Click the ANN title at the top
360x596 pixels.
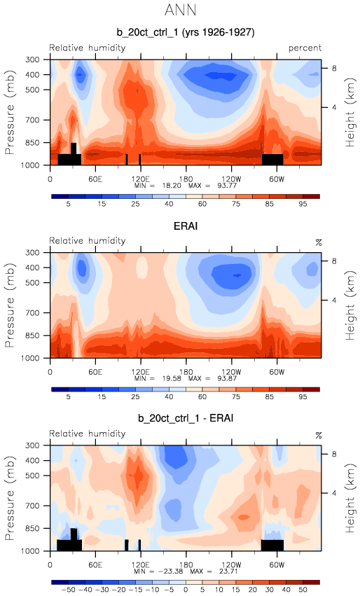click(x=181, y=10)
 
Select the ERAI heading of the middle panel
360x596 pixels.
click(x=186, y=226)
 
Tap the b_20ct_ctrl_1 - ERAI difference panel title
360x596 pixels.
click(x=186, y=418)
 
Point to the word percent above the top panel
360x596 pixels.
click(x=305, y=48)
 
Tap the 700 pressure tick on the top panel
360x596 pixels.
click(x=32, y=120)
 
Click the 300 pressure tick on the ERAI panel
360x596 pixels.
click(x=32, y=252)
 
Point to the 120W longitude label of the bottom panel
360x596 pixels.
click(x=231, y=564)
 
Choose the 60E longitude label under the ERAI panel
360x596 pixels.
click(x=95, y=372)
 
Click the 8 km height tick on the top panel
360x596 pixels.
click(x=334, y=69)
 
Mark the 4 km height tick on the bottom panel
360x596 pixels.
click(x=334, y=493)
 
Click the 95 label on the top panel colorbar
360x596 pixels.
click(x=303, y=204)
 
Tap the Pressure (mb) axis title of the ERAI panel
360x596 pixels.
click(x=10, y=305)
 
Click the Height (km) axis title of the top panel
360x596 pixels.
click(x=350, y=112)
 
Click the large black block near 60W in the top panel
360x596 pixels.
click(x=272, y=159)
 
